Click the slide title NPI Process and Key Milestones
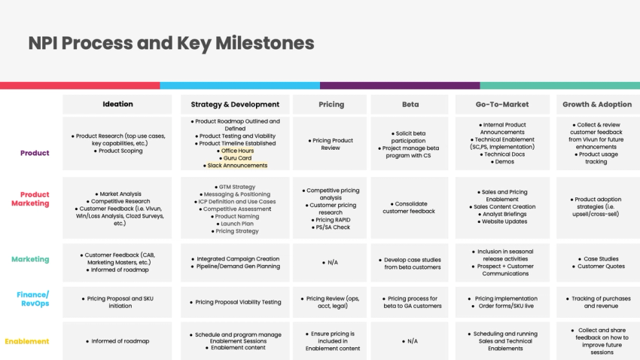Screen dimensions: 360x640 [x=171, y=43]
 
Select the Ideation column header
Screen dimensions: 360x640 [x=117, y=104]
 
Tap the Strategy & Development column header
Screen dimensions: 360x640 [x=235, y=105]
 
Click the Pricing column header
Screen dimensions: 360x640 [x=331, y=105]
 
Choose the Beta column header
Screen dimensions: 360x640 [x=411, y=105]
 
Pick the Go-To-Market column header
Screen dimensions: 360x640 [x=502, y=105]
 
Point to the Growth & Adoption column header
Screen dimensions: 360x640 [x=596, y=105]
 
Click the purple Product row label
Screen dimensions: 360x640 [x=35, y=153]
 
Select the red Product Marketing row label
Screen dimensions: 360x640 [x=30, y=199]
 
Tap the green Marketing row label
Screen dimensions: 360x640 [x=30, y=260]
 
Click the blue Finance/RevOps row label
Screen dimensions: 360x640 [x=33, y=299]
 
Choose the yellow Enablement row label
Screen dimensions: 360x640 [x=27, y=341]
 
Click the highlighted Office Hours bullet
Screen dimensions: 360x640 [x=237, y=151]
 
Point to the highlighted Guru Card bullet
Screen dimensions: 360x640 [x=237, y=158]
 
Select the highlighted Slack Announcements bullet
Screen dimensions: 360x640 [x=237, y=166]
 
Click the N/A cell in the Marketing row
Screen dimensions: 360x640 [x=331, y=263]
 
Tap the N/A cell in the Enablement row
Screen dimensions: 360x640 [x=411, y=341]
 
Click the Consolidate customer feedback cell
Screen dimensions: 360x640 [x=411, y=207]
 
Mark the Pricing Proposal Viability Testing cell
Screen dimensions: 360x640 [x=237, y=302]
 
